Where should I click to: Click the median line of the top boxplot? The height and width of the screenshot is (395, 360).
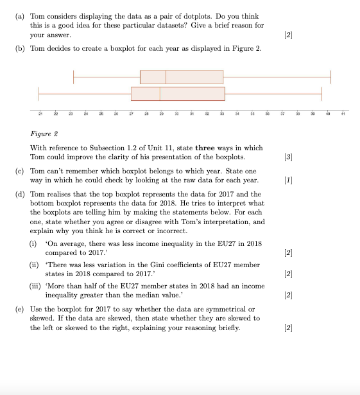(166, 77)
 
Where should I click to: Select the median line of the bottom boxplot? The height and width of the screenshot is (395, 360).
(160, 94)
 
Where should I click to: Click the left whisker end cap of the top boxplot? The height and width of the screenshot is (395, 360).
(74, 77)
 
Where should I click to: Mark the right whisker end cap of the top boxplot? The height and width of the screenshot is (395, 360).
(331, 77)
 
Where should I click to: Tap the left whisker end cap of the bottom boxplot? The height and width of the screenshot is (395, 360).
(39, 94)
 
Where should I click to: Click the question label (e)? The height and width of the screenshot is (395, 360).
(19, 309)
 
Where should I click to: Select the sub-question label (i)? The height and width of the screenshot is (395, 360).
(36, 244)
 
